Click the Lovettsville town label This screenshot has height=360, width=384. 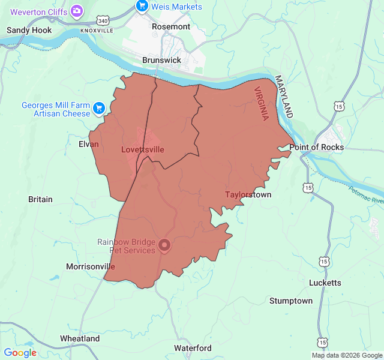[x=142, y=149]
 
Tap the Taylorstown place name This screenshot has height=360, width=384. [x=248, y=194]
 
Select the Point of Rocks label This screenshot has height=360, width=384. [x=316, y=147]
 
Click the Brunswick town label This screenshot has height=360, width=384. [x=161, y=61]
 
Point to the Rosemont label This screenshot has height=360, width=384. [x=171, y=26]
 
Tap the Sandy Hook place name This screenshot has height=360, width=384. [x=29, y=30]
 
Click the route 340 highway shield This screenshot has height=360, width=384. [x=104, y=21]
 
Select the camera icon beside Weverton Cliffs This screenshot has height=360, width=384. [x=76, y=10]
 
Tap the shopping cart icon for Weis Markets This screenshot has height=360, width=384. [x=142, y=6]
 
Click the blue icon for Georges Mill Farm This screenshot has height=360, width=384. [x=99, y=109]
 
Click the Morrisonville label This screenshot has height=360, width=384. [x=90, y=266]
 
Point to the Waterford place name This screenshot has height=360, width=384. [x=193, y=348]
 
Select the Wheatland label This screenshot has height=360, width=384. [x=80, y=338]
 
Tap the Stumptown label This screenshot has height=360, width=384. [x=291, y=301]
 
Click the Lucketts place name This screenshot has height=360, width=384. [x=325, y=283]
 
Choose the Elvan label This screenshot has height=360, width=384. [x=88, y=144]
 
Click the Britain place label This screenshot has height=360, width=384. [x=40, y=199]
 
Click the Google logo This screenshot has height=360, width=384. [x=20, y=353]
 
